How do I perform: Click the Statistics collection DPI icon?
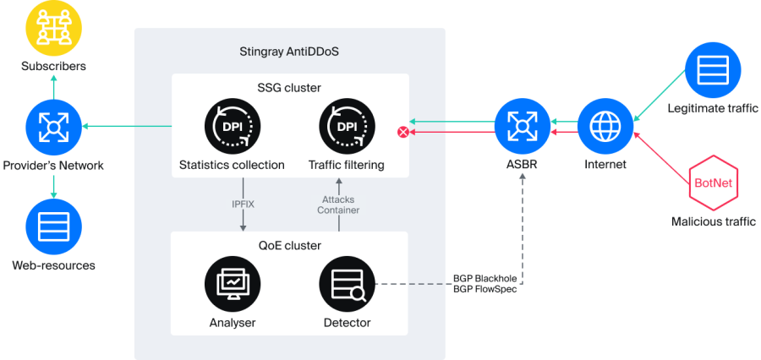coord(232,127)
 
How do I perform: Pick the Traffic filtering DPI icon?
coord(347,127)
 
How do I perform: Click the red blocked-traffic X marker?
coord(403,133)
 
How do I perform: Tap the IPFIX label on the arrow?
coord(244,204)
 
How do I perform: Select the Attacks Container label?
coord(338,205)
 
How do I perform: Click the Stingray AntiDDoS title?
coord(289,52)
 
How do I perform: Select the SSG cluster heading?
coord(290,88)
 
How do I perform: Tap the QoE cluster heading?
coord(290,246)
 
